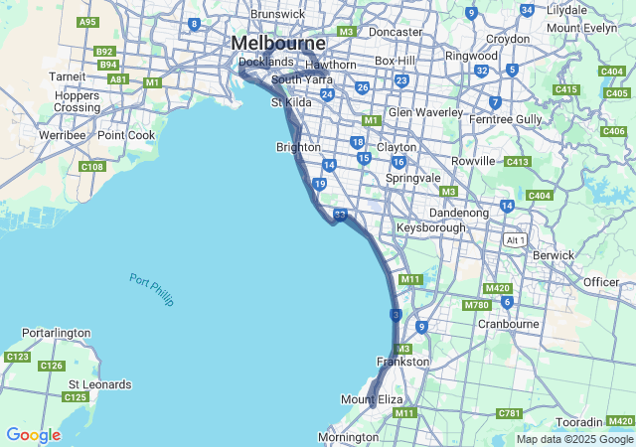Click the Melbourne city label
coord(278,44)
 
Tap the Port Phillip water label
coord(151,289)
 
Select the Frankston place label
coord(403,362)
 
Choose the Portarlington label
coord(56,333)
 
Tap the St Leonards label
coord(99,384)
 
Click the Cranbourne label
coord(509,324)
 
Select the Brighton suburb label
coord(297,147)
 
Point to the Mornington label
coord(348,437)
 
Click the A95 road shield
coord(87,22)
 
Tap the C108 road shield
coord(92,167)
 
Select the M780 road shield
coord(477,305)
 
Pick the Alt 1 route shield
coord(514,240)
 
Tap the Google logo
coord(33,435)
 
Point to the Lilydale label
coord(566,9)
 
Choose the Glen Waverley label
coord(426,112)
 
